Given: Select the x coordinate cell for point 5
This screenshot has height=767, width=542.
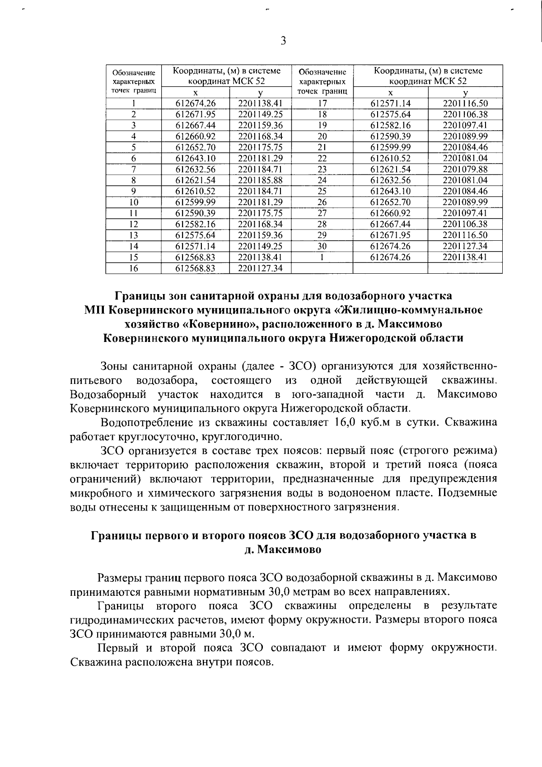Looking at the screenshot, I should coord(196,147).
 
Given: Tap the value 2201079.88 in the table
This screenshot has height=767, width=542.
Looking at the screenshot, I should coord(465,169).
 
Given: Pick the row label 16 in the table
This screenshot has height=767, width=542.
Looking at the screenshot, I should coord(134,268).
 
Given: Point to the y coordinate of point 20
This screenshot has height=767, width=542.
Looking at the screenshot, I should coord(465,136).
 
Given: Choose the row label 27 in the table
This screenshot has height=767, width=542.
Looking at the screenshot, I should coord(322,213).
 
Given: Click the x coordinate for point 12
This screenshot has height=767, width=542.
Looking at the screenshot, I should coord(196,224).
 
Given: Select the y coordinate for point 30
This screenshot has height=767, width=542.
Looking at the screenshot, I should coord(465,246).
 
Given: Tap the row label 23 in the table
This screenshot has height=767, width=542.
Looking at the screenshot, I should coord(322,169).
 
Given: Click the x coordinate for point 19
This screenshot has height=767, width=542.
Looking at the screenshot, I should coord(390,126).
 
